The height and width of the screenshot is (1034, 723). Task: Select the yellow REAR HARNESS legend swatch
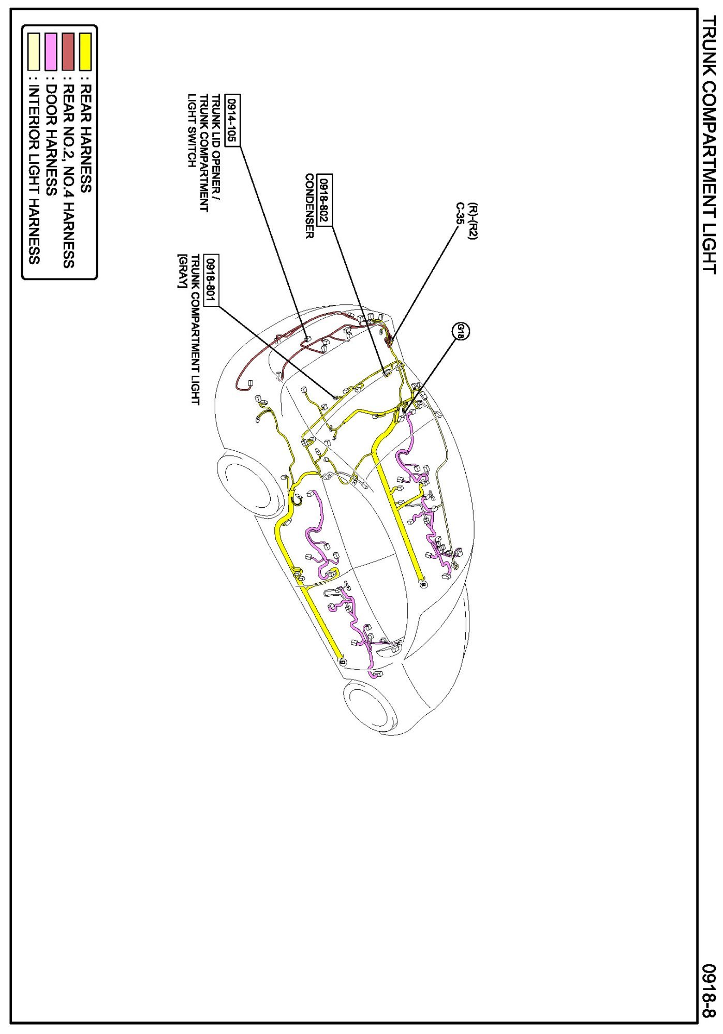[85, 52]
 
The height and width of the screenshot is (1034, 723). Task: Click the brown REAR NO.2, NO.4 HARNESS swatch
[68, 52]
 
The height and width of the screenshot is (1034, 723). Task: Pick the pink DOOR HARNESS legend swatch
[51, 52]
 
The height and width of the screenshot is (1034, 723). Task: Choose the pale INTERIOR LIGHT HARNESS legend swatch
[34, 52]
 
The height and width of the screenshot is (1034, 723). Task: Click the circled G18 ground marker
[460, 331]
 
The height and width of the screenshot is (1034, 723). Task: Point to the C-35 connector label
[459, 213]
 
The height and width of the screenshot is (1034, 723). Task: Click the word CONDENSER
[310, 206]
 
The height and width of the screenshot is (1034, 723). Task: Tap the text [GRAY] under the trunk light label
[182, 271]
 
